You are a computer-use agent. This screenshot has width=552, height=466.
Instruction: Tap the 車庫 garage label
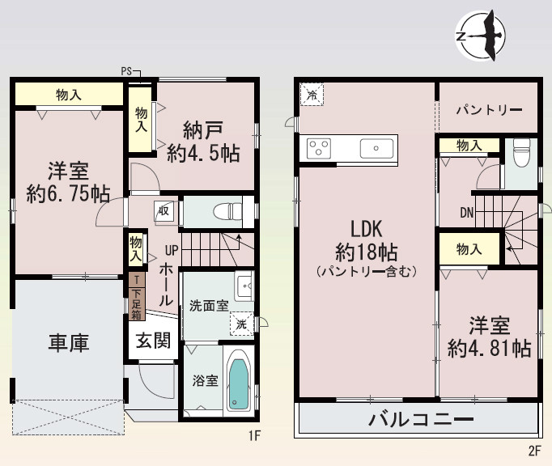pos(68,342)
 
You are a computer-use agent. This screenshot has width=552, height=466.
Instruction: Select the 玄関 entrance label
pos(152,341)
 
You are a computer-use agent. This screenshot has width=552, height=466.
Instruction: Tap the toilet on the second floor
pos(522,151)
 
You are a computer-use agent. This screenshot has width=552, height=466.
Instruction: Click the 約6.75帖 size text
pos(68,193)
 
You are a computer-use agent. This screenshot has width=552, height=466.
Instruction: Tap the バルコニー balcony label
pos(421,420)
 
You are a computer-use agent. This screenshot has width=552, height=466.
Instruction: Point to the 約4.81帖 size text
pos(490,349)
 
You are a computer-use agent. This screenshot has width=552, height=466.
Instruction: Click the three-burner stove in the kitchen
pos(319,148)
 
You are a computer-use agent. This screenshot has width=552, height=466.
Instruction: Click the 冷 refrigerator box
pos(312,95)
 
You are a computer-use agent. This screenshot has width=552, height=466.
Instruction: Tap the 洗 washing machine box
pos(241,324)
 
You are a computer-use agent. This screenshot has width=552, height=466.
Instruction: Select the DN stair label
pos(467,213)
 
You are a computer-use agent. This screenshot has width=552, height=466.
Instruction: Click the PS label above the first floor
pos(126,71)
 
